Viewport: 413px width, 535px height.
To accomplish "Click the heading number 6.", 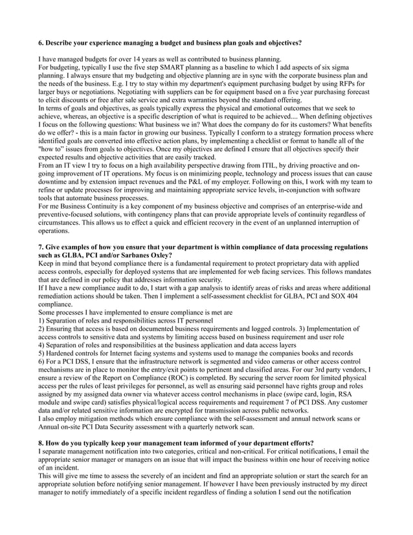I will [41, 42].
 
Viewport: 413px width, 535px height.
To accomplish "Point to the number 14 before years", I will [132, 58].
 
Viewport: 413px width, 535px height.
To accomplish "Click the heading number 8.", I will [41, 442].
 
